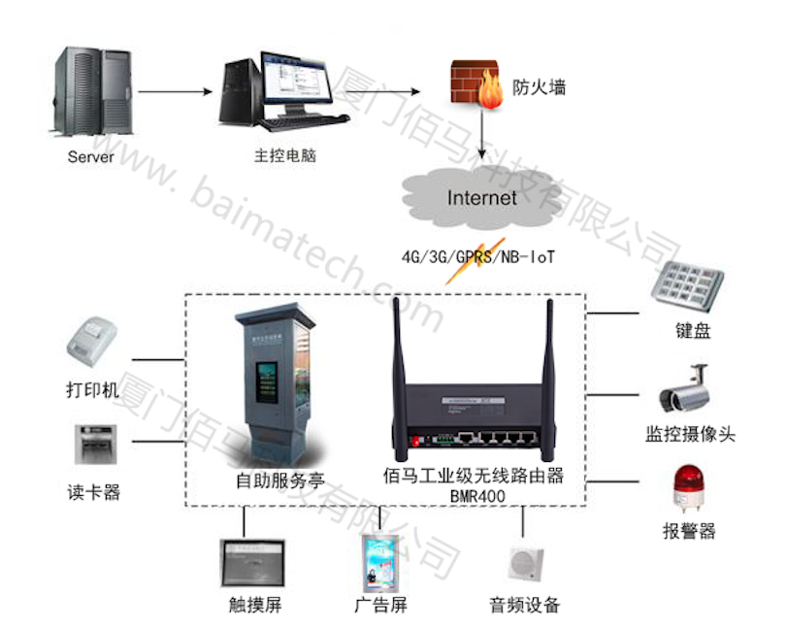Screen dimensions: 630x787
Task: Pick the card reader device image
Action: point(93,448)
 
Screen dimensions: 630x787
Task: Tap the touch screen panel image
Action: point(254,564)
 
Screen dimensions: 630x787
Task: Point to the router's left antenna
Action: point(397,359)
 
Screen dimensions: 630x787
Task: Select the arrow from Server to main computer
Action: point(175,92)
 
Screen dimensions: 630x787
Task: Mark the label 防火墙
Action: point(539,87)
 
